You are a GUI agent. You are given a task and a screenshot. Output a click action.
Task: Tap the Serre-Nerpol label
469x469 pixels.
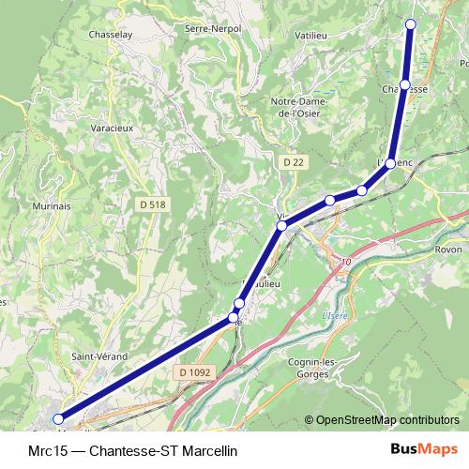pos(213,29)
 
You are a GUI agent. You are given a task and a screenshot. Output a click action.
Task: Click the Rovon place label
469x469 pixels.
pos(451,250)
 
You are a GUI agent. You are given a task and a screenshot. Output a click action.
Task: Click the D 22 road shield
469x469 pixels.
pos(294,162)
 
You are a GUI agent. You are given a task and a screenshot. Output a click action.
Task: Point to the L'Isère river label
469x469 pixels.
pos(335,315)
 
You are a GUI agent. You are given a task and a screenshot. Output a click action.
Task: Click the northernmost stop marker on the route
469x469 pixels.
pos(410,24)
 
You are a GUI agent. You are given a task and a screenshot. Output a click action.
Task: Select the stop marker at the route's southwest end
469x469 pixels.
pos(58,419)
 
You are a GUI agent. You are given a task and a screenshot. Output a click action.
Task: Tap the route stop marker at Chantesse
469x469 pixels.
pos(404,85)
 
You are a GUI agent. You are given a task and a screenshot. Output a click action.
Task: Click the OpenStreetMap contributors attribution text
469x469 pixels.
pos(386,420)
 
